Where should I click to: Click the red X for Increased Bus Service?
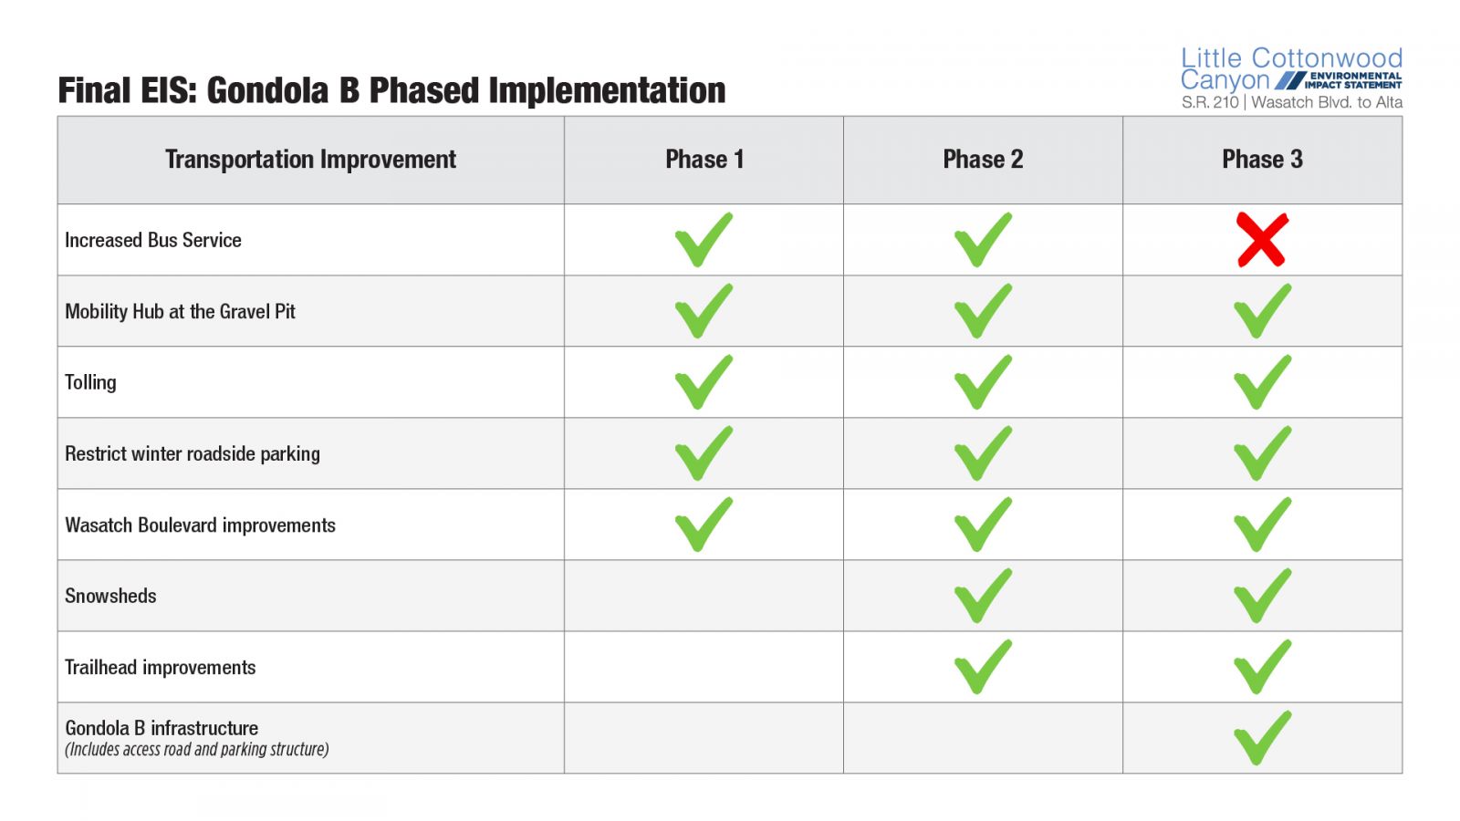(x=1263, y=240)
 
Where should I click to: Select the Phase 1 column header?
(x=704, y=159)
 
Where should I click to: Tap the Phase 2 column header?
(x=983, y=159)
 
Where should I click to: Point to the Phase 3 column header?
(x=1263, y=159)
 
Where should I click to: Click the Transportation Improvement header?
(x=310, y=160)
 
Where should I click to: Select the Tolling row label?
(x=90, y=382)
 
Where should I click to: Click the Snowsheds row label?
(x=110, y=596)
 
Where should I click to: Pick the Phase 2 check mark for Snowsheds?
(x=983, y=596)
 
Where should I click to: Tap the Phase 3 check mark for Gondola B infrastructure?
(x=1263, y=738)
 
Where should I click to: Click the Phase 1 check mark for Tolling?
(x=704, y=382)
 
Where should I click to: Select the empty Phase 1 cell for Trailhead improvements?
(x=704, y=667)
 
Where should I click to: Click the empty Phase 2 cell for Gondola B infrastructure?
(x=983, y=738)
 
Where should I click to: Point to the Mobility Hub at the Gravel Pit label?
(x=180, y=311)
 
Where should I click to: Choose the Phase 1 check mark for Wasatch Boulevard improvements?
(x=704, y=525)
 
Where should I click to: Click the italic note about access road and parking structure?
(x=197, y=749)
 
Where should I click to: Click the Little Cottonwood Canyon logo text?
(x=1291, y=69)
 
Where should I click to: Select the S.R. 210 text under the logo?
(x=1210, y=102)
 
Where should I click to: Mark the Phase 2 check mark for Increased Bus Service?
(x=983, y=240)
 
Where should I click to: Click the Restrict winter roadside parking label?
(x=193, y=453)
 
